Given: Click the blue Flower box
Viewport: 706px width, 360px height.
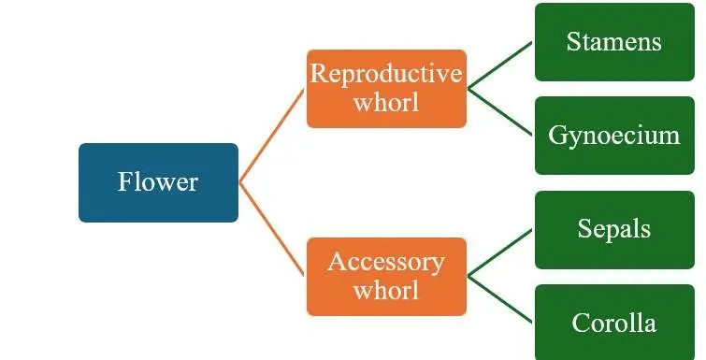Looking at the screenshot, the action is click(x=158, y=182).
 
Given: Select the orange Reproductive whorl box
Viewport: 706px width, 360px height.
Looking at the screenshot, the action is click(x=386, y=89).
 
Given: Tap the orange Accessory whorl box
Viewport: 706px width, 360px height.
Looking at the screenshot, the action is click(x=386, y=277).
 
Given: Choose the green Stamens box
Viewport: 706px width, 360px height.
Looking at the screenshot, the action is click(x=614, y=42).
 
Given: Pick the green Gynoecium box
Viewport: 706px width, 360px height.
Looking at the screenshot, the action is click(x=614, y=136).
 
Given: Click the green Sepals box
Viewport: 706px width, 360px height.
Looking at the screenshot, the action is click(x=614, y=230).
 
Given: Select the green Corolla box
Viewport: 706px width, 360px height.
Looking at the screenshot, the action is click(x=614, y=323).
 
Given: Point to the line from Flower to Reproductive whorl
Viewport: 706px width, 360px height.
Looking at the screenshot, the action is click(x=272, y=136).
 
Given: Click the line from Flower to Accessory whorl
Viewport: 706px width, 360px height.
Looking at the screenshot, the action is click(x=272, y=229).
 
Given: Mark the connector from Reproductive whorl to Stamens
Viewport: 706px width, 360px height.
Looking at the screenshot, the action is click(x=500, y=65).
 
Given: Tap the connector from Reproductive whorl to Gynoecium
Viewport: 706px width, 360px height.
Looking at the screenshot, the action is click(x=500, y=111).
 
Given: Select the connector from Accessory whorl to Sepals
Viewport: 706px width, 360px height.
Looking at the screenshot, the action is click(x=500, y=253).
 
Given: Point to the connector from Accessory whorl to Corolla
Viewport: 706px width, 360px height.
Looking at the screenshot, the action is click(x=500, y=300).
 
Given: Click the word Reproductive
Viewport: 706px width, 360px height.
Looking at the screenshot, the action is click(x=386, y=74).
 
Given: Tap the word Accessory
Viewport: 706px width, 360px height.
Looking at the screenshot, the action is click(x=386, y=263).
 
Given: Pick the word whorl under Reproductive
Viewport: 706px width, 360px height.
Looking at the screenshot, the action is click(x=386, y=102).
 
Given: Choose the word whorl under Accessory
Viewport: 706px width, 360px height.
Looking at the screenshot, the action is click(x=386, y=290).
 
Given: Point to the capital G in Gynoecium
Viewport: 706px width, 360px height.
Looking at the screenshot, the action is click(x=557, y=134).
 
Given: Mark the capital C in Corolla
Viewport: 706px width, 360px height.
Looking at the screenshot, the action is click(x=581, y=323).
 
